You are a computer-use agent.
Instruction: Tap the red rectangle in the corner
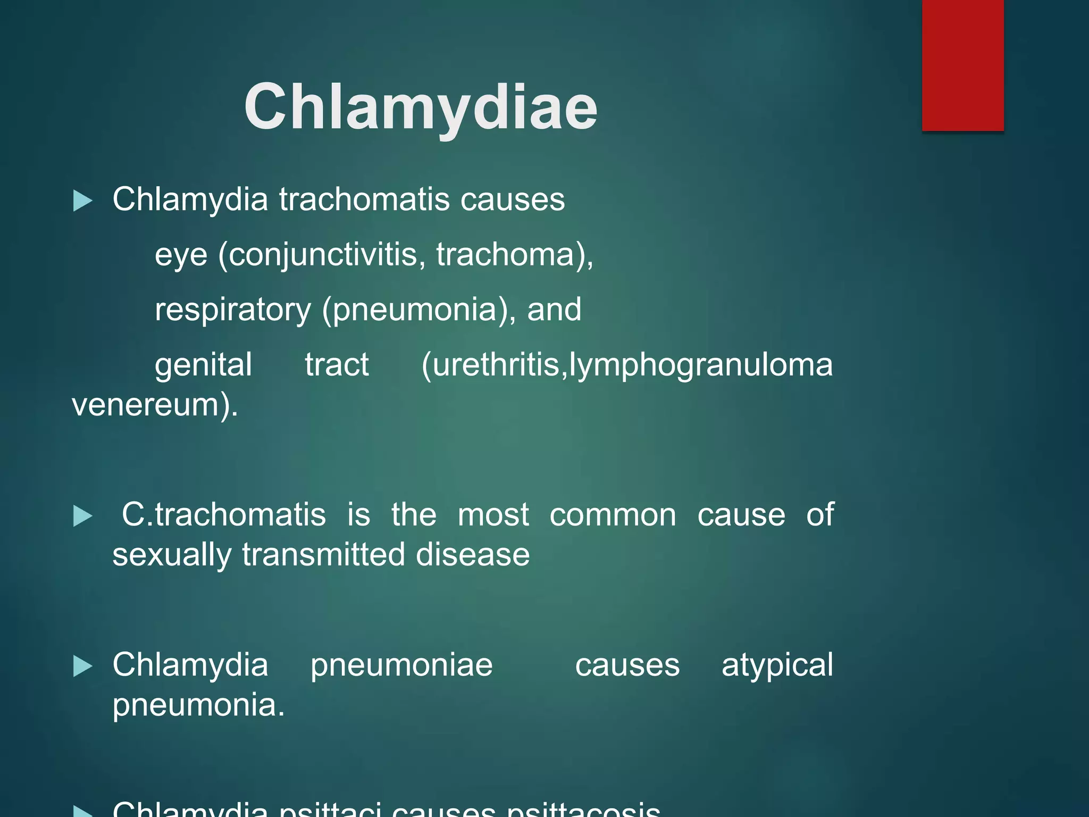click(962, 65)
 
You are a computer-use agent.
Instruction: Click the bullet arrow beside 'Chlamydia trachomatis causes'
click(82, 201)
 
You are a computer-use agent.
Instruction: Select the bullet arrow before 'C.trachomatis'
click(82, 516)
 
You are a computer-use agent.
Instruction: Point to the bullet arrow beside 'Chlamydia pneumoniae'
click(82, 666)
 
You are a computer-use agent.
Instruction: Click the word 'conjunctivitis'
click(322, 255)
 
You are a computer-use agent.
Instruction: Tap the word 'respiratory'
click(233, 310)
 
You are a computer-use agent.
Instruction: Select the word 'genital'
click(203, 365)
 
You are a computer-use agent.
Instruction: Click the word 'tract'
click(337, 365)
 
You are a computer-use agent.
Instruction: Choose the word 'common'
click(613, 515)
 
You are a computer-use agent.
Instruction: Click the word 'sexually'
click(172, 555)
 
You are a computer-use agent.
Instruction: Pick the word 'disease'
click(473, 555)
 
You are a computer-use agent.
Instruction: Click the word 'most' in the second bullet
click(493, 515)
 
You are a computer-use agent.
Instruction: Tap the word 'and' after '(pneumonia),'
click(554, 310)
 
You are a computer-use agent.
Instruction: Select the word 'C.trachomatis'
click(224, 515)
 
